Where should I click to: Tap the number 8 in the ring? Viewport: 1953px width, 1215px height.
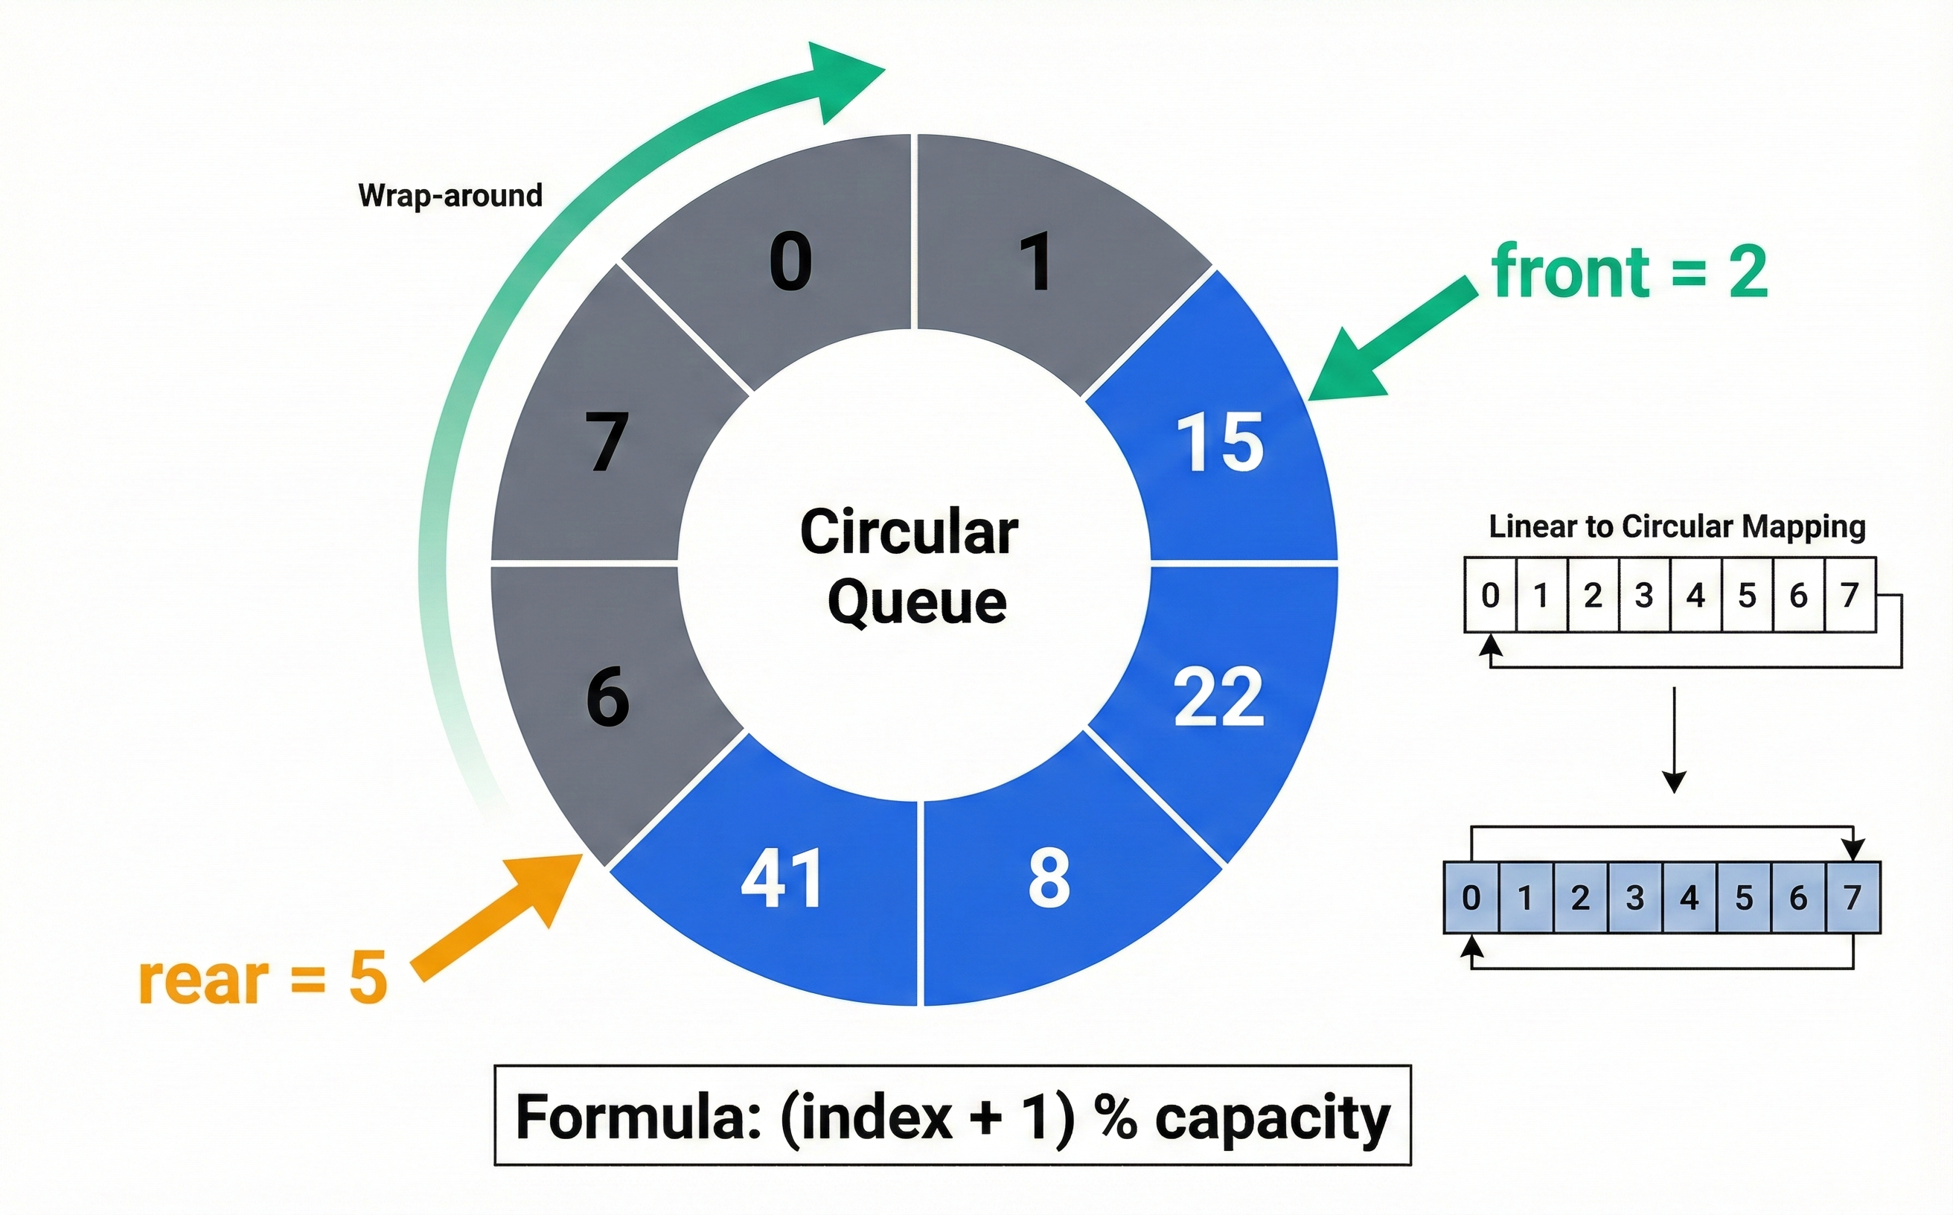click(x=1049, y=878)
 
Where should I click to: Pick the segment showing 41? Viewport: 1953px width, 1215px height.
click(x=781, y=878)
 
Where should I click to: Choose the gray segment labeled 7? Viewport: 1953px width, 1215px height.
click(x=607, y=442)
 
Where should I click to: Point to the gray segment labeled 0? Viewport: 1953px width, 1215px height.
click(x=790, y=262)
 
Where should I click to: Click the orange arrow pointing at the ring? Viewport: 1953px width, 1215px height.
click(x=498, y=916)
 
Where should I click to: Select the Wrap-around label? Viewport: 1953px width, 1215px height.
click(x=450, y=195)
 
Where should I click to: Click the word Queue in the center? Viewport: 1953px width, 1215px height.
click(x=916, y=603)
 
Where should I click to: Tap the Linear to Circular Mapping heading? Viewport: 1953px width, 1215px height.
click(x=1677, y=527)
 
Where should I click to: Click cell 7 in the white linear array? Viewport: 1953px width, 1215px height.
click(x=1850, y=596)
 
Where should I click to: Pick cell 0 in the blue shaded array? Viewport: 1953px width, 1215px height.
click(x=1471, y=898)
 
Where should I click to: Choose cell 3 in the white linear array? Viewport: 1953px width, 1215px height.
click(x=1643, y=596)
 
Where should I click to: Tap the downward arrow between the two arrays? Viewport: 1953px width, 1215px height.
click(x=1674, y=739)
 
